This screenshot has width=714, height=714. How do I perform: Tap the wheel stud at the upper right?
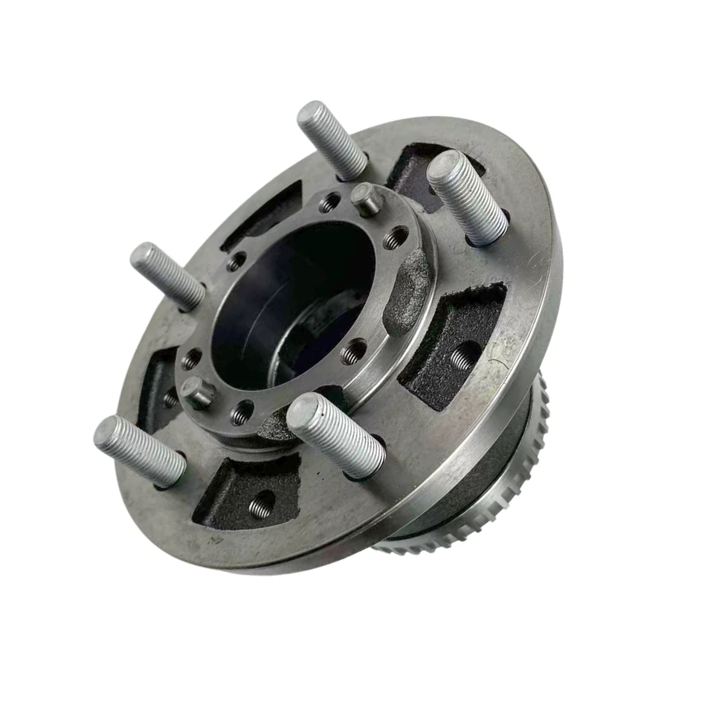click(x=468, y=197)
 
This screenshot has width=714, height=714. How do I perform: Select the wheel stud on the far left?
click(x=167, y=276)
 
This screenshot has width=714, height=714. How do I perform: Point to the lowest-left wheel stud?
click(x=140, y=451)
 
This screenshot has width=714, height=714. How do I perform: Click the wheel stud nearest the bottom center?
click(x=336, y=435)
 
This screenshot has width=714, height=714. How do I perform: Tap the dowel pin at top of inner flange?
click(x=364, y=199)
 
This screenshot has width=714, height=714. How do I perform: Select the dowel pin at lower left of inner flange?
click(x=197, y=393)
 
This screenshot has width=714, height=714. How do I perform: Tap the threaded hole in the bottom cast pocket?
click(x=260, y=506)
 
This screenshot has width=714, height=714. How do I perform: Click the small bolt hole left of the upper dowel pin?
click(x=329, y=202)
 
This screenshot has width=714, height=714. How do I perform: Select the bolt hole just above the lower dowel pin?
click(x=192, y=359)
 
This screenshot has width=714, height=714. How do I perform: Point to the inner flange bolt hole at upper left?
click(x=237, y=262)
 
